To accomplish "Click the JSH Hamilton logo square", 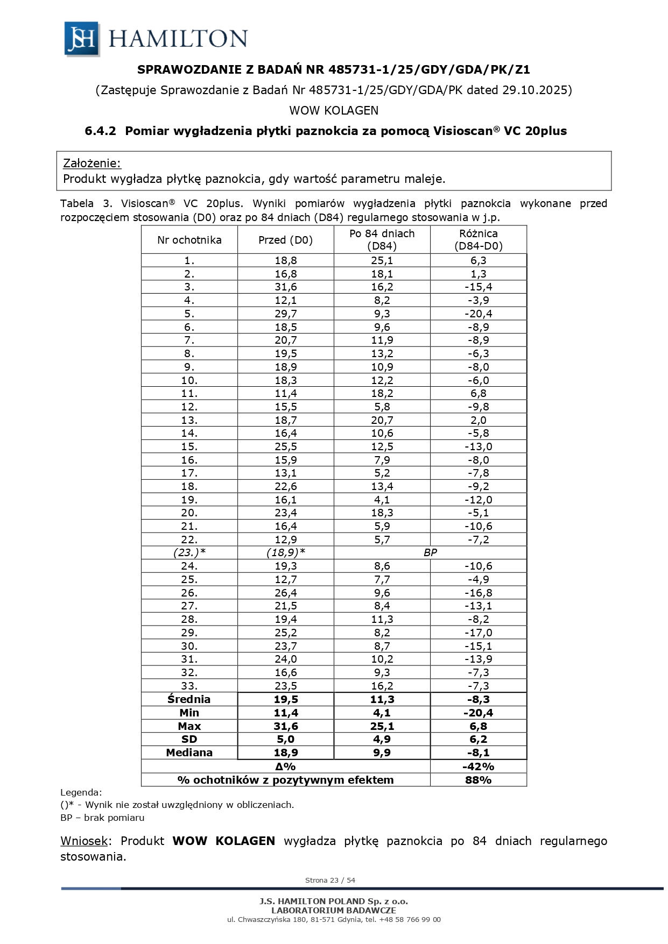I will pos(81,39).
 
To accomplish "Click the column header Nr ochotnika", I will pos(189,240).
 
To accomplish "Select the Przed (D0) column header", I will pos(285,240).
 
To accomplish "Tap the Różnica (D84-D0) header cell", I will pos(478,240).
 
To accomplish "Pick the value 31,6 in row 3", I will pos(285,287).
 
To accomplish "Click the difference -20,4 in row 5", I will pos(478,314).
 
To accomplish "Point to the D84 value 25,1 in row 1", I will pos(382,260).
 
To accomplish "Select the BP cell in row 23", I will pos(430,552).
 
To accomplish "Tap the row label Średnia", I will pos(189,699).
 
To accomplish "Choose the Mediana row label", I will pos(189,753).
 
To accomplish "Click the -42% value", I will pos(478,766).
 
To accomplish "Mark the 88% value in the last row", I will pos(478,780).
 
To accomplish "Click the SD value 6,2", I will pos(478,739).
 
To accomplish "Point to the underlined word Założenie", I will pos(92,163).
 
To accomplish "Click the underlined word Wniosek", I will pos(84,841).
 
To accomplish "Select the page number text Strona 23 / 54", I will pos(330,881).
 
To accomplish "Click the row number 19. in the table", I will pos(189,500).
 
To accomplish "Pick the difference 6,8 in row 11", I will pos(478,393).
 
